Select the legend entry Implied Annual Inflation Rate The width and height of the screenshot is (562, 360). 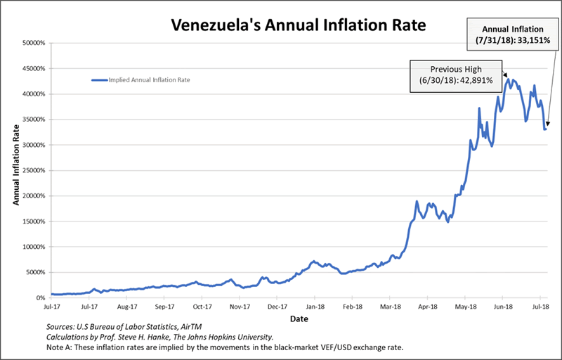coord(150,80)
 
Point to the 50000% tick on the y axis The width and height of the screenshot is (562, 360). coord(33,44)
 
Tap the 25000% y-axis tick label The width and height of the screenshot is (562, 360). coord(33,171)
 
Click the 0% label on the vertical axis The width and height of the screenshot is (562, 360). coord(39,298)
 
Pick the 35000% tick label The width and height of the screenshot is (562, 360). coord(33,120)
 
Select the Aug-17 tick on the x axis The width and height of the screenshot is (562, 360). coord(126,307)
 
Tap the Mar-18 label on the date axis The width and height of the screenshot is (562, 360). coord(391,307)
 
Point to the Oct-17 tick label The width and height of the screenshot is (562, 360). coord(202,307)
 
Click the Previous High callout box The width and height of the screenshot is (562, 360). coord(456,74)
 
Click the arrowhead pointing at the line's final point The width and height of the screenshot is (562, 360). coord(547,126)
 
